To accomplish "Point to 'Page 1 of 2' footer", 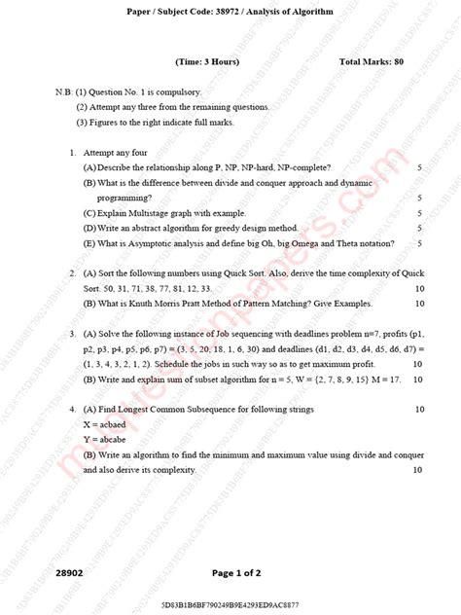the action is click(x=230, y=574).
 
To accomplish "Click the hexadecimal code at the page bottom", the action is click(x=230, y=606).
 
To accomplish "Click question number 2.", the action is click(x=73, y=272).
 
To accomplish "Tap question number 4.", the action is click(x=73, y=410).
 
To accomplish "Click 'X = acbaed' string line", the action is click(x=109, y=425).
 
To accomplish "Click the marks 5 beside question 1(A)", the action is click(x=419, y=167).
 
